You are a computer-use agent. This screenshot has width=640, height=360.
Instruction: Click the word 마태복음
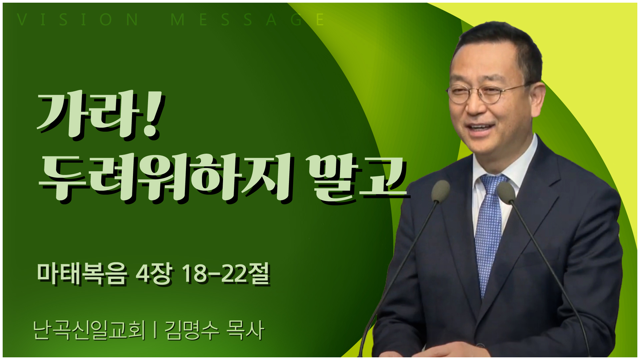point(82,274)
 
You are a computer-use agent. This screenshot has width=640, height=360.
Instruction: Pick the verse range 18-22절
point(225,274)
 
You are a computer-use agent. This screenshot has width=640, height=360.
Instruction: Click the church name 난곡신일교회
point(89,330)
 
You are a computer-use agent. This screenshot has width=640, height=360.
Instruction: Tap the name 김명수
point(192,330)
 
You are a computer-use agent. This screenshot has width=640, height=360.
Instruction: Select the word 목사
point(245,330)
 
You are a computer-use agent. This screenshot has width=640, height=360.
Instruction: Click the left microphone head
point(440,191)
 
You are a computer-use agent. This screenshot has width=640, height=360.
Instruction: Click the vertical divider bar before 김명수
point(155,330)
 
